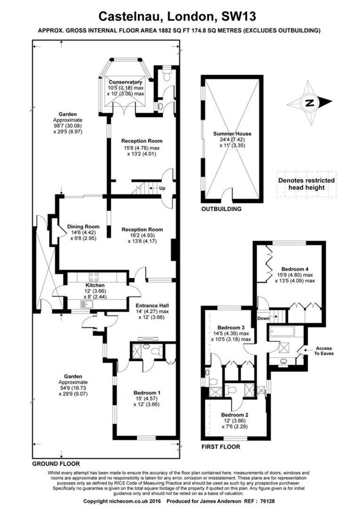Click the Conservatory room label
[125, 82]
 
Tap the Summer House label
[232, 133]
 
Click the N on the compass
[310, 103]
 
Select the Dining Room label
[83, 227]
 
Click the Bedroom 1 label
[147, 393]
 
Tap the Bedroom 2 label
[235, 415]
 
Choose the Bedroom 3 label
[231, 328]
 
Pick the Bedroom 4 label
[295, 269]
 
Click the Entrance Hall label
[152, 305]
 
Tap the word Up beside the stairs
[162, 188]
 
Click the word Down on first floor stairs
[263, 319]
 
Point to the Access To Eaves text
[324, 351]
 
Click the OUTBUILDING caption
[221, 209]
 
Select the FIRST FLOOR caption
[221, 447]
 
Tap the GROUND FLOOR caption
[56, 464]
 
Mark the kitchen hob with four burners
[94, 277]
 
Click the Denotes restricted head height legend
[306, 184]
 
